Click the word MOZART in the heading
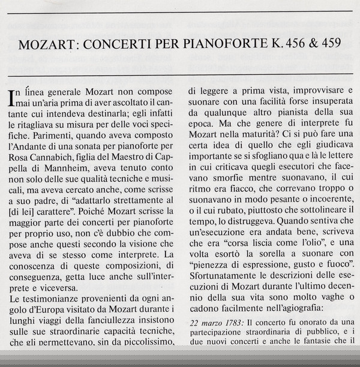(x=49, y=45)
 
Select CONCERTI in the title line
(x=113, y=45)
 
